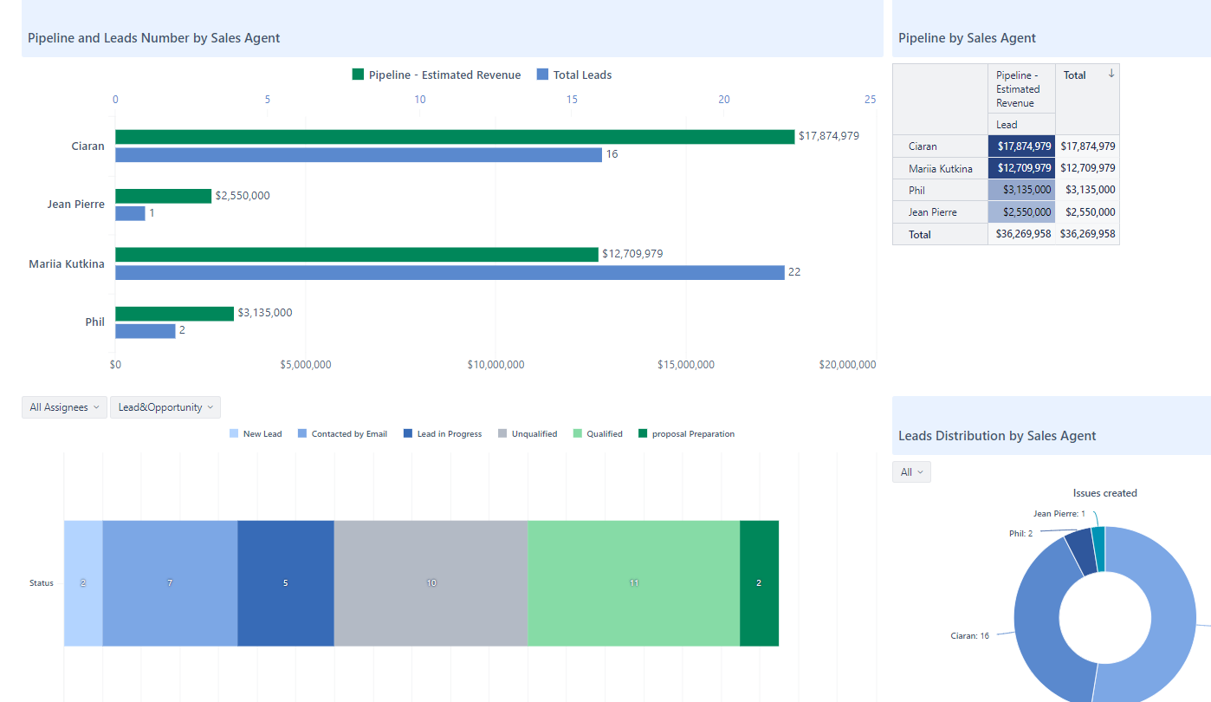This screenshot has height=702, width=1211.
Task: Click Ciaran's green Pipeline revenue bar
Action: click(454, 137)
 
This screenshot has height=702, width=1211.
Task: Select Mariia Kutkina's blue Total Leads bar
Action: click(449, 272)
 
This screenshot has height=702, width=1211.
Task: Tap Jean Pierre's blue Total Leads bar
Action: click(130, 213)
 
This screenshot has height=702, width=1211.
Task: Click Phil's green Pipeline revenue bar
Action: click(174, 314)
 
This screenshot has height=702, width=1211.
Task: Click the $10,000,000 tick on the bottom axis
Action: click(495, 365)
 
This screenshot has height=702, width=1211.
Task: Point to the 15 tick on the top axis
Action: click(572, 100)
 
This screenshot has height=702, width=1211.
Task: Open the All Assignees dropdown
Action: click(64, 407)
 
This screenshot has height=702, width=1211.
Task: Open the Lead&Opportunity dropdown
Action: click(165, 407)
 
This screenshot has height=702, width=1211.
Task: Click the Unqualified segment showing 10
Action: click(431, 583)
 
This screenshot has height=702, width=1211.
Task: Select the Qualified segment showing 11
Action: click(633, 583)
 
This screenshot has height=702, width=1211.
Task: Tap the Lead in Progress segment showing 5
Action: click(285, 583)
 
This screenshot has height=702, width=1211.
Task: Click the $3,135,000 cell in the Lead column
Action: click(1021, 190)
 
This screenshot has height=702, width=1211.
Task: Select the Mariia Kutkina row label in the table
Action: click(940, 168)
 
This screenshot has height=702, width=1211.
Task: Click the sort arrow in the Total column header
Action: click(1111, 75)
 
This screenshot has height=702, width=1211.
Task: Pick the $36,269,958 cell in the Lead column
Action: click(1021, 234)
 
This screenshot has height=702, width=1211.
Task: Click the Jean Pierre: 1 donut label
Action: click(1059, 514)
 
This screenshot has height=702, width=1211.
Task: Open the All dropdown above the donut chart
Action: click(911, 472)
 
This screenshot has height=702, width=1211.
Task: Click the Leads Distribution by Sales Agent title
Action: click(997, 436)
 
